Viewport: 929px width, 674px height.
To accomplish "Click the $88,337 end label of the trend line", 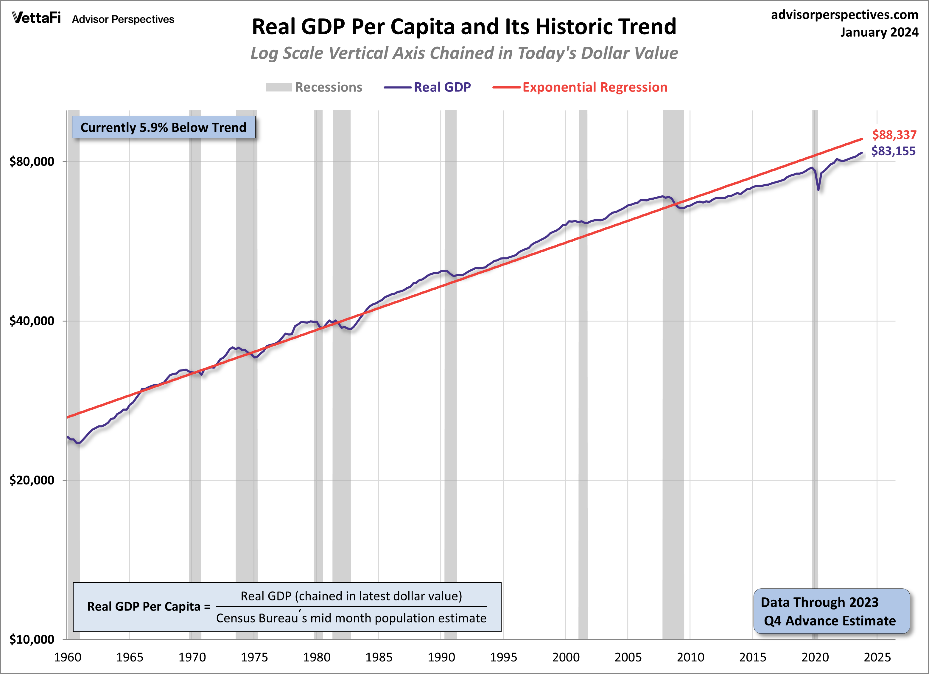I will (894, 135).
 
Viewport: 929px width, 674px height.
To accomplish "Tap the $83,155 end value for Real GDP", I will (893, 151).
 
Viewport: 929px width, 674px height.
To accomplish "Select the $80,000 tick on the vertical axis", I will (32, 161).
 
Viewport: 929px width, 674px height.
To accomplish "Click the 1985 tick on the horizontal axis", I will (379, 657).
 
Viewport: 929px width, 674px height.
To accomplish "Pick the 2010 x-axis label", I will (690, 657).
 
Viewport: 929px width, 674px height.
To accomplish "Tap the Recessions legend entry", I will (314, 87).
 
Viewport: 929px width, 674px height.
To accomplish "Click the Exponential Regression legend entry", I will (580, 87).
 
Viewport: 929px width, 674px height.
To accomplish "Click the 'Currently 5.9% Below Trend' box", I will (164, 128).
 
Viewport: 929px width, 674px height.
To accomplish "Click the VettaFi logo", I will (36, 18).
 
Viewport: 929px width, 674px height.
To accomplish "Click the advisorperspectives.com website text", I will (845, 15).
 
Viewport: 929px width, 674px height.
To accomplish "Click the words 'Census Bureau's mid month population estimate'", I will (351, 618).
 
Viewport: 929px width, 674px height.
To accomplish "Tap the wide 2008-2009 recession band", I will (673, 369).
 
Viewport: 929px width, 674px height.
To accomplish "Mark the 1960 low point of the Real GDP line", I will (77, 443).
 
